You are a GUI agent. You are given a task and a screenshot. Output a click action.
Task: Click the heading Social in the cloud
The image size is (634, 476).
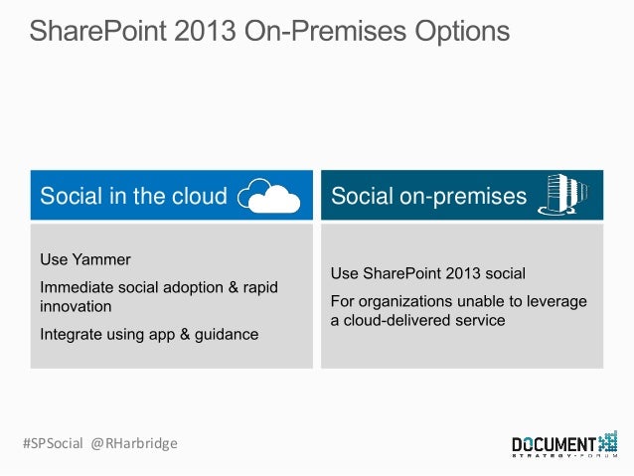(133, 196)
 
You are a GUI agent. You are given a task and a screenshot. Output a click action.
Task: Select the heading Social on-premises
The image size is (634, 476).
(428, 196)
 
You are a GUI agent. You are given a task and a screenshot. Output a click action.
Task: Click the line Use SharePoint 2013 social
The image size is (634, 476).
(427, 273)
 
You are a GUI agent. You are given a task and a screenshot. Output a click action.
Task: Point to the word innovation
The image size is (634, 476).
(76, 306)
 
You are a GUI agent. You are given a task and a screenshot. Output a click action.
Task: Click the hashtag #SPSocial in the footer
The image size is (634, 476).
(53, 443)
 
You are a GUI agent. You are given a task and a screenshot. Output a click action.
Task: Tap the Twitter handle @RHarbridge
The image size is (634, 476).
(134, 443)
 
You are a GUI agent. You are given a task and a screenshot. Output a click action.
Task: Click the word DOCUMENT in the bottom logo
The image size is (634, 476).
(554, 442)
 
